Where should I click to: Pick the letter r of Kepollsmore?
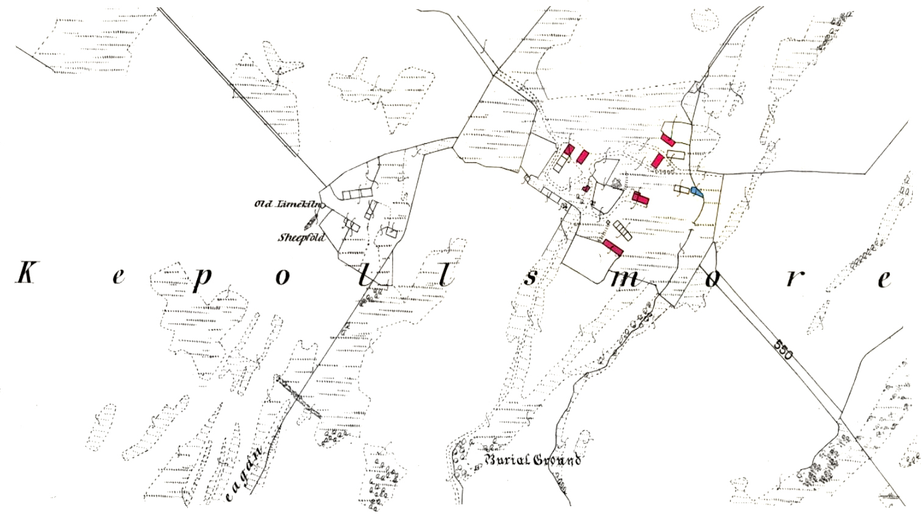click(792, 278)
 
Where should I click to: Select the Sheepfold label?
click(301, 238)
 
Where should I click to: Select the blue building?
click(696, 192)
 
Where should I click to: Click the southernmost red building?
click(613, 247)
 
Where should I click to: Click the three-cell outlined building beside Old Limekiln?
click(357, 194)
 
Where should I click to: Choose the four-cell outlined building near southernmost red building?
click(623, 230)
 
